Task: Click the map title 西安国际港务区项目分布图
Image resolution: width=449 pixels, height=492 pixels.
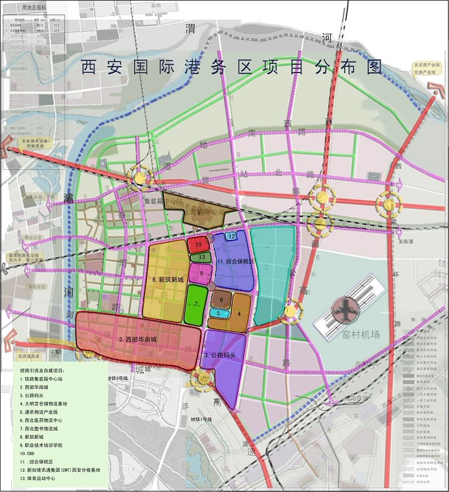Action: pos(231,67)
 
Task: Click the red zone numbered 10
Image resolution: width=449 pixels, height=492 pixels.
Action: pos(198,245)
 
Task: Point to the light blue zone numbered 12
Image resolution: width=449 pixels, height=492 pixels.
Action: pos(232,237)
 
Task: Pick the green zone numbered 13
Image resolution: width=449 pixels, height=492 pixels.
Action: pos(201,258)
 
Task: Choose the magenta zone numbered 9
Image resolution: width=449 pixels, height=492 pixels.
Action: pos(201,273)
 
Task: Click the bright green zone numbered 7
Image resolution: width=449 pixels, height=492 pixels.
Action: pos(196,304)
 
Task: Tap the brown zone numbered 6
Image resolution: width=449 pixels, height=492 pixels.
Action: pos(222,300)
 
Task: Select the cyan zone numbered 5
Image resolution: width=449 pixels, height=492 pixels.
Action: pos(219,313)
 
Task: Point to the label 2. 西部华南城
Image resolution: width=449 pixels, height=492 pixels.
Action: pos(138,340)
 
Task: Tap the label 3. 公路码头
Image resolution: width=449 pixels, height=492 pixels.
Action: pos(223,355)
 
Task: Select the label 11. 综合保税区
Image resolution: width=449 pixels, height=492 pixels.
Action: pos(236,261)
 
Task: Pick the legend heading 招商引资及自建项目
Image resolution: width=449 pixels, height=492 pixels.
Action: pos(49,371)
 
